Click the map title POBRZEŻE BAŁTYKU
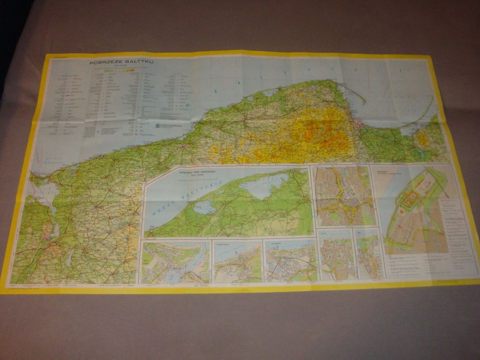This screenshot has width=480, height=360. pos(121,63)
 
